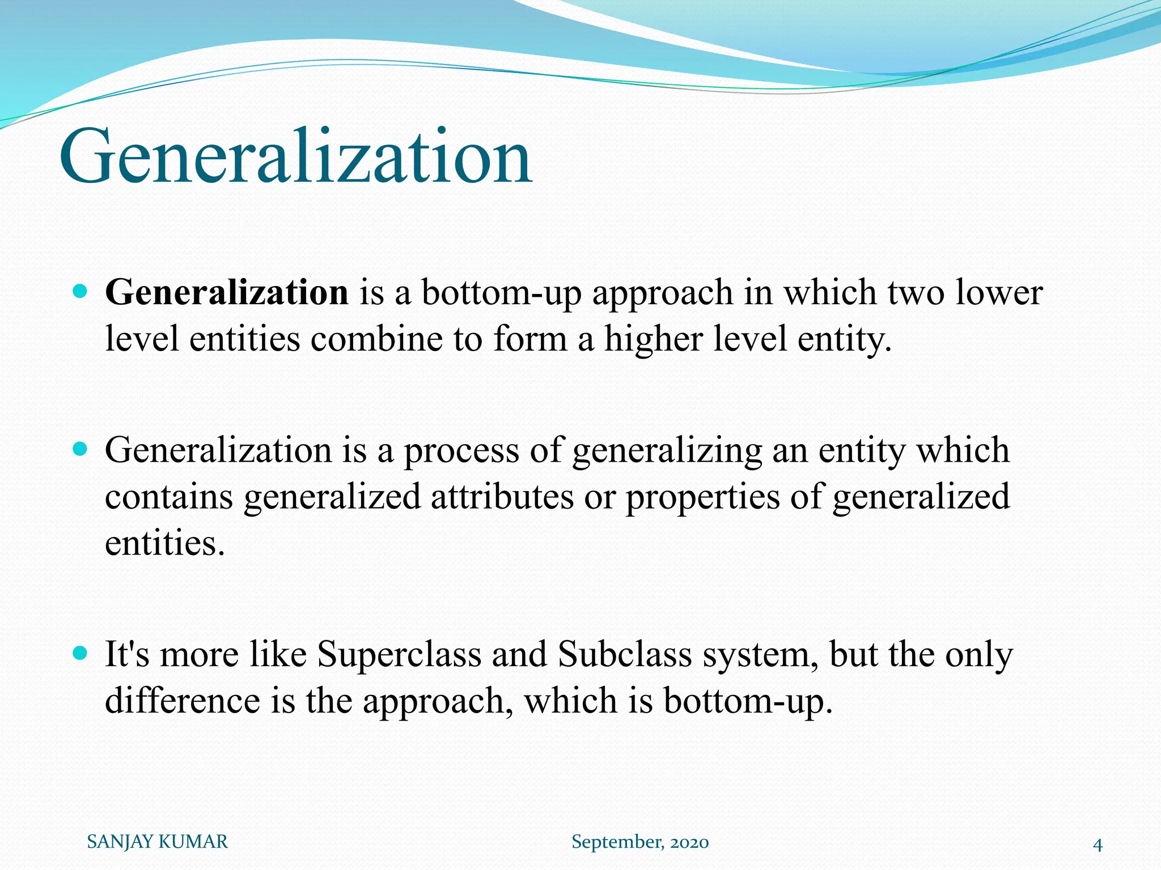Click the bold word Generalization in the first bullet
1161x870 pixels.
coord(227,293)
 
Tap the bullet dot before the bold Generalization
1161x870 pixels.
coord(80,292)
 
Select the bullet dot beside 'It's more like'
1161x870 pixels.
coord(80,654)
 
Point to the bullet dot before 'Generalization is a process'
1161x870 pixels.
coord(80,450)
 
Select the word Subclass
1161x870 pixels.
coord(625,655)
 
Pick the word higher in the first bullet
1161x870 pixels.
coord(653,339)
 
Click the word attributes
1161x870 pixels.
coord(502,497)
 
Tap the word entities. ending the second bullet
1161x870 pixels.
coord(165,543)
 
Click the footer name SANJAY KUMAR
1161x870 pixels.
coord(157,842)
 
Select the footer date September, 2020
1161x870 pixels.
coord(640,842)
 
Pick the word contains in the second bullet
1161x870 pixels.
coord(169,497)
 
